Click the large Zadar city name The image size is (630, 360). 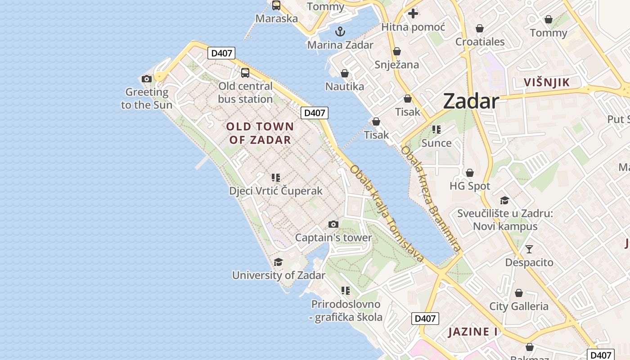471,101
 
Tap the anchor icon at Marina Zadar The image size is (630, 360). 340,31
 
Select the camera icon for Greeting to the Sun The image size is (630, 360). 146,79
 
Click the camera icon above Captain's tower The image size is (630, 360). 333,224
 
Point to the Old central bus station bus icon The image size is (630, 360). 245,72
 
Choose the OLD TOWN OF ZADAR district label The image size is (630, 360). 260,133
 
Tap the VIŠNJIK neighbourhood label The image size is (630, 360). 547,82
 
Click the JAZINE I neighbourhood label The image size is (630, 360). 473,332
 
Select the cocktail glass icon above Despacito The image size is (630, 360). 529,249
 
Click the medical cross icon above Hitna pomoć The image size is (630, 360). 413,13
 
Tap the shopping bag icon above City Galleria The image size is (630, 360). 519,293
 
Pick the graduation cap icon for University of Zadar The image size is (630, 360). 279,262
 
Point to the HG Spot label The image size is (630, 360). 470,186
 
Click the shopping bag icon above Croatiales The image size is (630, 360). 480,28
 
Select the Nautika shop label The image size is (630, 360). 345,86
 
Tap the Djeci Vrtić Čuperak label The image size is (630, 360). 276,191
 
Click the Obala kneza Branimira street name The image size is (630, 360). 431,198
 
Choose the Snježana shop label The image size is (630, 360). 397,64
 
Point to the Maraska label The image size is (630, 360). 277,18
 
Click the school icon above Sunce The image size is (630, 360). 436,130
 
